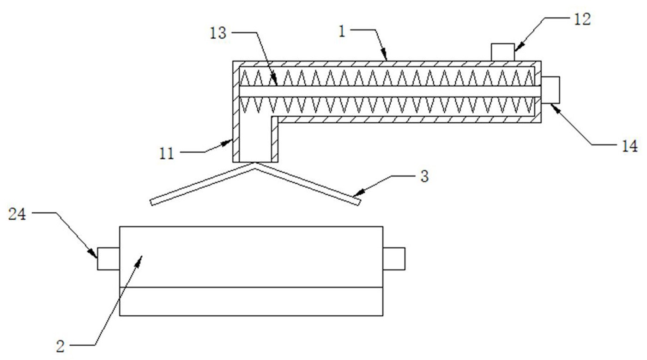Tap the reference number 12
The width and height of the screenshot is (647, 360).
[x=582, y=19]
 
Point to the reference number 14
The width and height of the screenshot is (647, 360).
[x=629, y=146]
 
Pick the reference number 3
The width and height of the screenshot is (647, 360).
[x=424, y=177]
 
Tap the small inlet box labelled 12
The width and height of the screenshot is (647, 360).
[x=502, y=52]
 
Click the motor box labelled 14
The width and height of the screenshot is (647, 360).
[x=550, y=90]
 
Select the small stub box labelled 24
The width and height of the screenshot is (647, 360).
[x=108, y=258]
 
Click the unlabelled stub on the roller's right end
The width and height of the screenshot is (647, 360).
[x=394, y=258]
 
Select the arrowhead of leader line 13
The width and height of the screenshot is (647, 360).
[x=275, y=84]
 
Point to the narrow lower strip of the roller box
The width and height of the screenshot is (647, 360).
[x=251, y=301]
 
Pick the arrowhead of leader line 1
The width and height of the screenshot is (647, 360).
[x=385, y=59]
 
